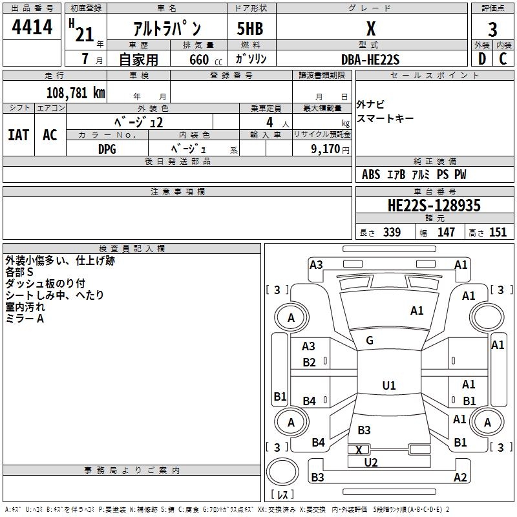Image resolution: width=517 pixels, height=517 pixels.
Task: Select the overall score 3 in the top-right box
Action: pyautogui.click(x=492, y=30)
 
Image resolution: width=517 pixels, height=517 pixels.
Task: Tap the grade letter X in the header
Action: pyautogui.click(x=370, y=29)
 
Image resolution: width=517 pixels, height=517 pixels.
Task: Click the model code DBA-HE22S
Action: pyautogui.click(x=370, y=59)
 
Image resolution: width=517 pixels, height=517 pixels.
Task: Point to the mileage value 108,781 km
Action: pyautogui.click(x=76, y=92)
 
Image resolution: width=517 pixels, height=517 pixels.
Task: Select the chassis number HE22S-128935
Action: pyautogui.click(x=434, y=206)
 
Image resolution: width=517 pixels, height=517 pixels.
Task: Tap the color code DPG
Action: pyautogui.click(x=107, y=149)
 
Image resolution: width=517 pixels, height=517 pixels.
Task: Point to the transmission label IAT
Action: pyautogui.click(x=19, y=135)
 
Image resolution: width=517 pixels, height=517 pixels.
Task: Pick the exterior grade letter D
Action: pyautogui.click(x=482, y=59)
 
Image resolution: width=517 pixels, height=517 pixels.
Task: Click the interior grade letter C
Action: pyautogui.click(x=503, y=59)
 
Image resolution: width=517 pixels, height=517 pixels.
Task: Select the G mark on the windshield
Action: pyautogui.click(x=370, y=341)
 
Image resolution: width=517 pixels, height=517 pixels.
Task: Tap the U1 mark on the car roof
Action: pyautogui.click(x=388, y=386)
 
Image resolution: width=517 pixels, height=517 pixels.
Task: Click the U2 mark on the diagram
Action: pyautogui.click(x=371, y=462)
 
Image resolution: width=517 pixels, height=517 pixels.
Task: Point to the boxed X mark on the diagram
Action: pyautogui.click(x=359, y=450)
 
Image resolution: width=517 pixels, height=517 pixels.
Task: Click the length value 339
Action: pyautogui.click(x=391, y=233)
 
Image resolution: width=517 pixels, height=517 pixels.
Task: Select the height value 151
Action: pyautogui.click(x=498, y=233)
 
